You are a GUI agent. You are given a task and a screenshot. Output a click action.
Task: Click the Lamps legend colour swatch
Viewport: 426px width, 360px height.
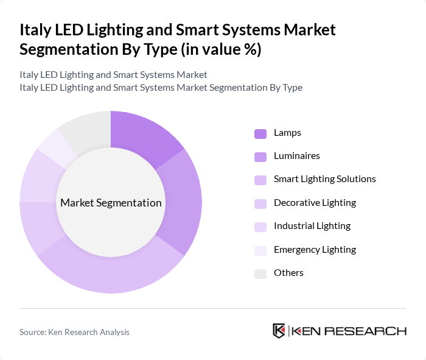pyautogui.click(x=260, y=133)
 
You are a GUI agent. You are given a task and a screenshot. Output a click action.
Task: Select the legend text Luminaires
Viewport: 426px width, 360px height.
pyautogui.click(x=296, y=156)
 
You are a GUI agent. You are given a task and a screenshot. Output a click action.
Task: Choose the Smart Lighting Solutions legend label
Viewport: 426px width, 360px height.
pyautogui.click(x=324, y=179)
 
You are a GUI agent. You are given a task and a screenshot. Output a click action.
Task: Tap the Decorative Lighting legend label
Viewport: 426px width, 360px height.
pyautogui.click(x=315, y=203)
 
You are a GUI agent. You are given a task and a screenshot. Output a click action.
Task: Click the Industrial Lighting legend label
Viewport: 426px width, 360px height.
pyautogui.click(x=312, y=226)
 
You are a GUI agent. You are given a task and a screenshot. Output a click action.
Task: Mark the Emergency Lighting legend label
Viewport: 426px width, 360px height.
pyautogui.click(x=315, y=249)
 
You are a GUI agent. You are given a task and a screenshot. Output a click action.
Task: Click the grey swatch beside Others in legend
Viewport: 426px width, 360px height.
pyautogui.click(x=260, y=274)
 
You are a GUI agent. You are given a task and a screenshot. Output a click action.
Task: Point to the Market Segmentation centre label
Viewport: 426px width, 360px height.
pyautogui.click(x=110, y=203)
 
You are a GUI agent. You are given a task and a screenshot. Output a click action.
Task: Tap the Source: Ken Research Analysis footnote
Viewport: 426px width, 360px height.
pyautogui.click(x=74, y=332)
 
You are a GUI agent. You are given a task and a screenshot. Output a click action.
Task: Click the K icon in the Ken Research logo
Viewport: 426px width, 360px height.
pyautogui.click(x=279, y=331)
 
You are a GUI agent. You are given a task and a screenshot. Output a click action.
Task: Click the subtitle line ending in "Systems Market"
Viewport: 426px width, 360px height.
pyautogui.click(x=113, y=74)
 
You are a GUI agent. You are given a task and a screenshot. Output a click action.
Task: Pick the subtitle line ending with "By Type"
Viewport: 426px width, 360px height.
pyautogui.click(x=161, y=87)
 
